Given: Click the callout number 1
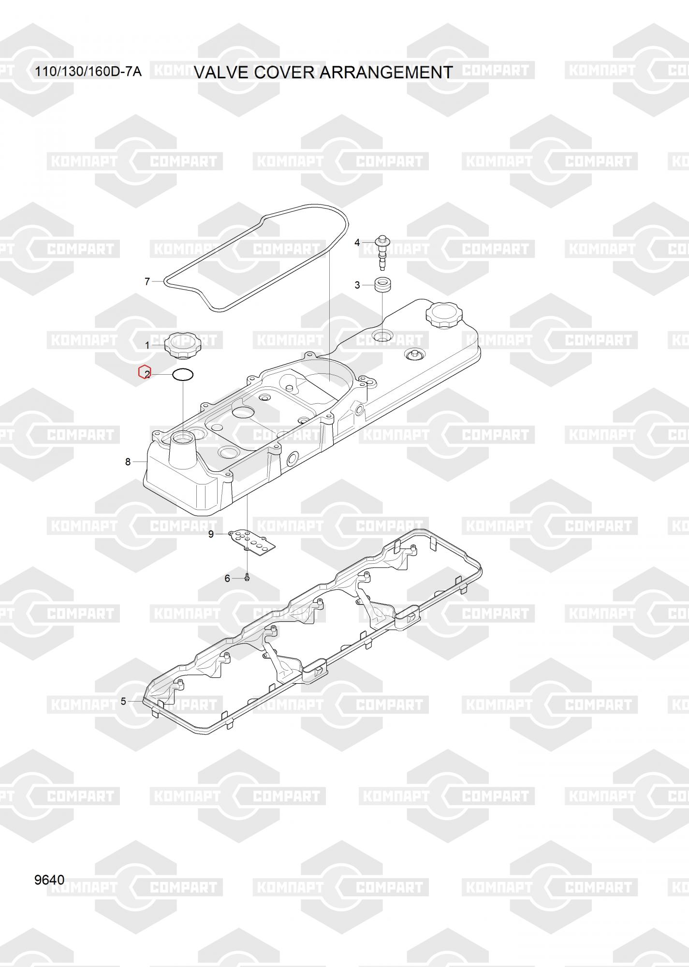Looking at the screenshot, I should pos(147,345).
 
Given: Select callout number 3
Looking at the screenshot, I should pos(357,285).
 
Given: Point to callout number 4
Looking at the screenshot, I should pos(357,242).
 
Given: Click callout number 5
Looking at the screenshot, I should pos(123,701).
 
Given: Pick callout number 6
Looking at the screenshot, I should pos(227,578).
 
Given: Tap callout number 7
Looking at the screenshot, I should pos(147,281).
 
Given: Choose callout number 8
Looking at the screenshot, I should pos(128,462).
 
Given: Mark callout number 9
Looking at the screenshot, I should pos(211,534).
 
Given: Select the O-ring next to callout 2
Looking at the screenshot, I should pos(183,374).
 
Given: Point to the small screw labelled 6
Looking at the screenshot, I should pos(247,577).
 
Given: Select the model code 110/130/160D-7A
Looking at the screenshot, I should pos(88,73).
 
